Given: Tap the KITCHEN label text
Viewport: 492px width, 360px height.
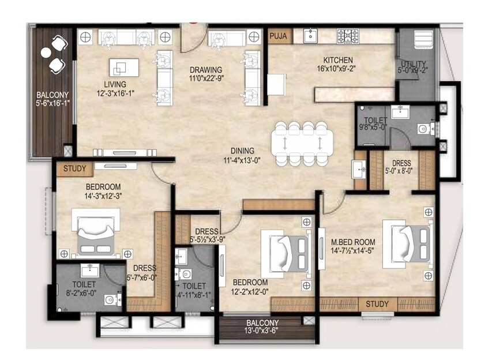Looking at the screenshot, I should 338,60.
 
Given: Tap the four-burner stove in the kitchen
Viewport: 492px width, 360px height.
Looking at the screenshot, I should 348,36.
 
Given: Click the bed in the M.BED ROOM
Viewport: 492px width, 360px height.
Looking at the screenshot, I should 410,242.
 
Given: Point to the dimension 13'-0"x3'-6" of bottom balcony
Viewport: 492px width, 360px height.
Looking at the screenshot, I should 262,331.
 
